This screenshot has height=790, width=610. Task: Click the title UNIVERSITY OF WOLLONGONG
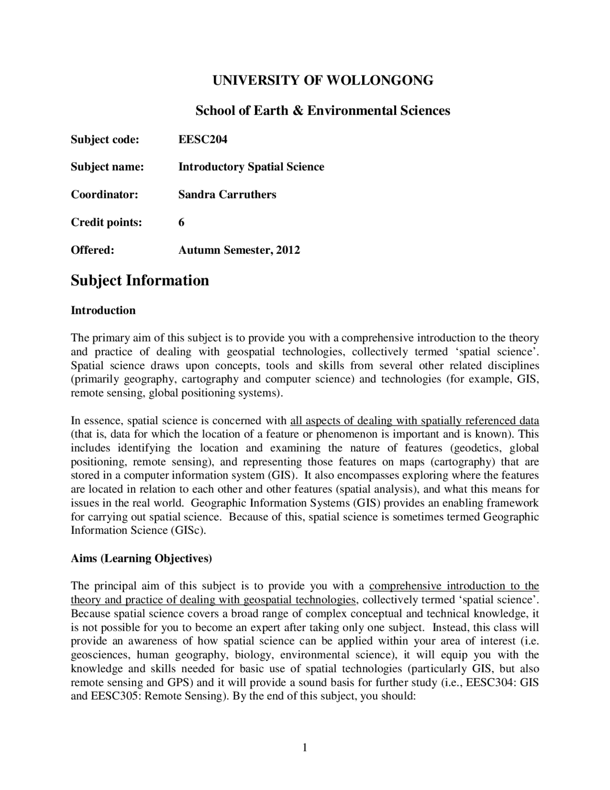pos(323,80)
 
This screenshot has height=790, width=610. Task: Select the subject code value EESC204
pos(203,139)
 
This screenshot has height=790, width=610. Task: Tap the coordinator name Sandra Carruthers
pos(227,195)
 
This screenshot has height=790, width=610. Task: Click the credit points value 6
pos(182,222)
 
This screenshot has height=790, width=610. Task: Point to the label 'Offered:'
pos(92,250)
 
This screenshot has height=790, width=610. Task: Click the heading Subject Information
pos(140,280)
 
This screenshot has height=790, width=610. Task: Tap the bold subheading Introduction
pos(103,311)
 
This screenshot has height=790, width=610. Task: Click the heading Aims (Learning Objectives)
pos(141,559)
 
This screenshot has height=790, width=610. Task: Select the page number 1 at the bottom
pos(305,748)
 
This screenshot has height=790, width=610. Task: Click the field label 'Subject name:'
pos(107,167)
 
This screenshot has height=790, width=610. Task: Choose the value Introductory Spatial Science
pos(251,167)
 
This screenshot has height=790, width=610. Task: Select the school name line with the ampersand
pos(323,111)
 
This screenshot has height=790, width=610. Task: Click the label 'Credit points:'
pos(106,222)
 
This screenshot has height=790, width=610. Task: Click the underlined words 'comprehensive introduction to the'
pos(454,586)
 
